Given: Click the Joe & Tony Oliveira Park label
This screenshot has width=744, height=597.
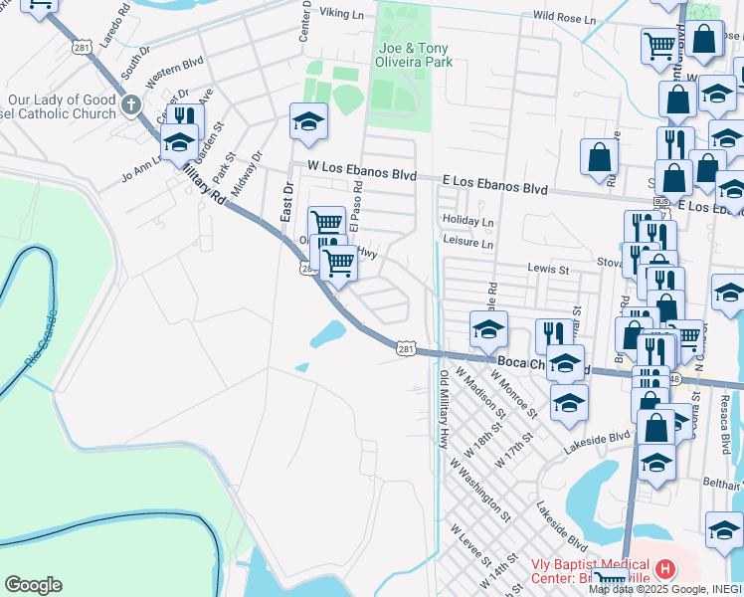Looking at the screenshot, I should coord(414,55).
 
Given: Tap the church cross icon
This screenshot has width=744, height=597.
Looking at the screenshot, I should coord(130,104).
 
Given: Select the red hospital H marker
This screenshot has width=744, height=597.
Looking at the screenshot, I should coord(665,570).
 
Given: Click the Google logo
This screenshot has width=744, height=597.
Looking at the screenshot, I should coord(33,585).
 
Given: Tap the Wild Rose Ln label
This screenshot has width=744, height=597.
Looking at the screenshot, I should coord(564,17).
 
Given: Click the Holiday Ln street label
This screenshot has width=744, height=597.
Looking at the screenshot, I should coord(467,222).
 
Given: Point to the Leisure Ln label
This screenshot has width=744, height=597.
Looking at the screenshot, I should coord(467,243).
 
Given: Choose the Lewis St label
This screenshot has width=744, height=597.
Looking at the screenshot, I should coord(548,269).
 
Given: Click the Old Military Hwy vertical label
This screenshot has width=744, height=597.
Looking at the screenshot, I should coord(444,408).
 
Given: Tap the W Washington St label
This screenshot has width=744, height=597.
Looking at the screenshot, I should coord(479,490).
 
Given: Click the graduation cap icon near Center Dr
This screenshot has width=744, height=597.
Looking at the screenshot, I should coord(308,122).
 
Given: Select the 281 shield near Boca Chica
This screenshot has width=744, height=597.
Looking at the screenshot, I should coord(405,349).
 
